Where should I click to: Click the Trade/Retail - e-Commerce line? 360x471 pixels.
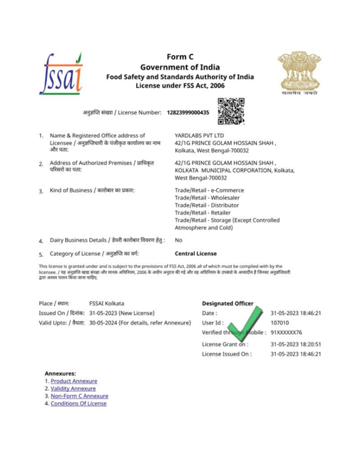pyautogui.click(x=208, y=190)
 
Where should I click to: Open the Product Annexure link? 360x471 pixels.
pyautogui.click(x=74, y=381)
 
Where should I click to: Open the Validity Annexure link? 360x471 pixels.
pyautogui.click(x=74, y=389)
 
